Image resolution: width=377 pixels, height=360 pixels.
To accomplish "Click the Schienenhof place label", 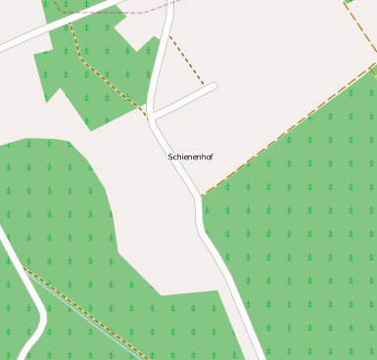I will [190, 157].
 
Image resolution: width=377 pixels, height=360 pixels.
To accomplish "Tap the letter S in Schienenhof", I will [170, 157].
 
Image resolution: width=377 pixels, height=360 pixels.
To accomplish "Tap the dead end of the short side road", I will [213, 86].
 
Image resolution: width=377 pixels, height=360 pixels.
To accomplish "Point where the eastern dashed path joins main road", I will [202, 195].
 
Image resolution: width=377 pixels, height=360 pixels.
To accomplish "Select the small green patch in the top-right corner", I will [349, 2].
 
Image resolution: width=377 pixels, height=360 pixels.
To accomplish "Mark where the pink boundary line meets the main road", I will [167, 11].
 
